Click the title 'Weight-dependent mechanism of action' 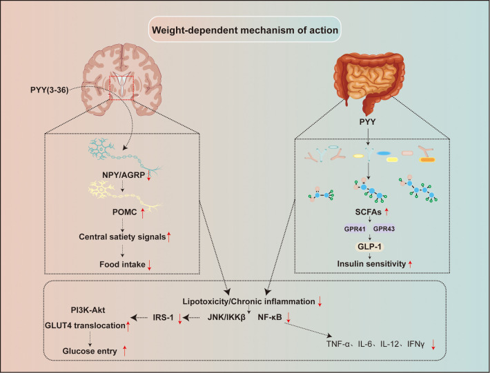(245, 30)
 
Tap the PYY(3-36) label (50, 90)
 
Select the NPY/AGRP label (124, 175)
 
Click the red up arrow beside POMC (142, 213)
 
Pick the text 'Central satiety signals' (122, 237)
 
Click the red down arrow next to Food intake (149, 265)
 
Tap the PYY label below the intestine (367, 122)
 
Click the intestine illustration (369, 81)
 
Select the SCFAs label (368, 212)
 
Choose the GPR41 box (355, 229)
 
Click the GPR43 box (384, 228)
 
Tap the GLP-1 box (370, 247)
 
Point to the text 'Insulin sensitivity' (371, 264)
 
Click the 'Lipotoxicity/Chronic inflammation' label (248, 301)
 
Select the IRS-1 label (163, 318)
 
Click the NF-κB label (270, 317)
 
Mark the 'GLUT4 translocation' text (85, 325)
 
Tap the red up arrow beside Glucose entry (124, 351)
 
